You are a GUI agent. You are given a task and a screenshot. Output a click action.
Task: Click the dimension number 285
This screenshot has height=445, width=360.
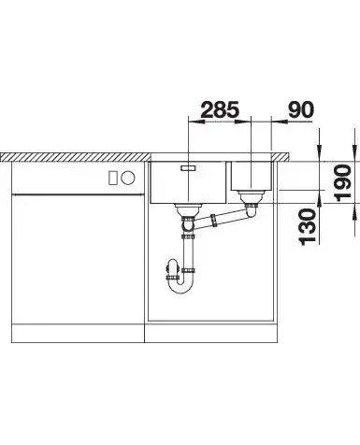(x=220, y=109)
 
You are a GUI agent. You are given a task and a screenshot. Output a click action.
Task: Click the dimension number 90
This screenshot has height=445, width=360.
(x=300, y=109)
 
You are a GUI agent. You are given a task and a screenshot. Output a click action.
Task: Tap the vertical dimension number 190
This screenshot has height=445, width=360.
(x=342, y=183)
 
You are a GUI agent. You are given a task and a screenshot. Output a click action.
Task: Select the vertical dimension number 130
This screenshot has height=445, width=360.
(x=307, y=227)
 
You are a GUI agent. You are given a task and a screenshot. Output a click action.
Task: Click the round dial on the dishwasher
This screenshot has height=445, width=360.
(x=128, y=178)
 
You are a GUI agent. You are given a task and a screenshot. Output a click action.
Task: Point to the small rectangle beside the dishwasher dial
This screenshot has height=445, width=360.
(x=112, y=178)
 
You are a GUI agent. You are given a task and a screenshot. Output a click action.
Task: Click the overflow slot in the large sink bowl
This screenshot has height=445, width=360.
(x=189, y=167)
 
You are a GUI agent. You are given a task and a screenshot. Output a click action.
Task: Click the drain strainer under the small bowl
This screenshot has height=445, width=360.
(x=252, y=196)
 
